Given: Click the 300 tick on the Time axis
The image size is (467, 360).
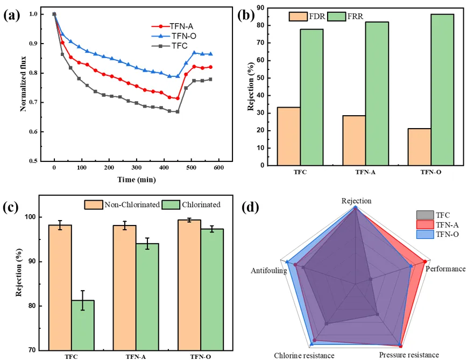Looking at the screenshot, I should pos(164,168).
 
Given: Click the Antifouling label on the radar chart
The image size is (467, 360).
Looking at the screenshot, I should pos(268,271).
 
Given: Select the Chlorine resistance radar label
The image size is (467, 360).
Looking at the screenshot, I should pos(304,355).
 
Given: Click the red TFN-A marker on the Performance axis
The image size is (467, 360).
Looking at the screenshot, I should pos(425,262).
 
